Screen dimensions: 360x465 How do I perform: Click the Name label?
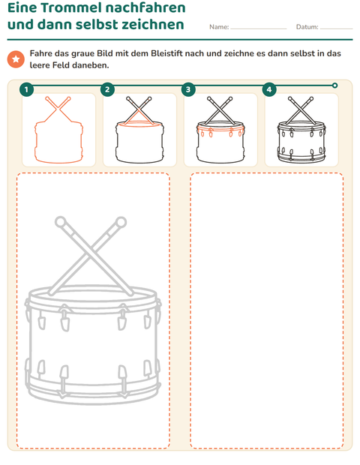point(219,27)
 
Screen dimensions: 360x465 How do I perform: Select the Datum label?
point(307,27)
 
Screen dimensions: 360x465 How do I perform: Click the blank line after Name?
point(259,29)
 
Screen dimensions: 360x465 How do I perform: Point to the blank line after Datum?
point(336,29)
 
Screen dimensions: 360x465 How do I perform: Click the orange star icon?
point(16,59)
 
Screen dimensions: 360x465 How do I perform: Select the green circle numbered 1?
point(27,89)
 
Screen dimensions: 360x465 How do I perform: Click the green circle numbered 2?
point(107,89)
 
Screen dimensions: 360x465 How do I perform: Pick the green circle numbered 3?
point(188,89)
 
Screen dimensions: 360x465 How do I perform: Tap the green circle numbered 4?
point(269,89)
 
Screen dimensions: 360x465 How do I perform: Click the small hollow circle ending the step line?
point(334,85)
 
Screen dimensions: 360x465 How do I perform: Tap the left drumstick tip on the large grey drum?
point(60,222)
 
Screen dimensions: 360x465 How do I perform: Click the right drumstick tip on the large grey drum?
point(121,222)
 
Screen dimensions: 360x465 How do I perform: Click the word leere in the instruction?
point(40,65)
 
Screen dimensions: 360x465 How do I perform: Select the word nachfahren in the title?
point(145,7)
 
